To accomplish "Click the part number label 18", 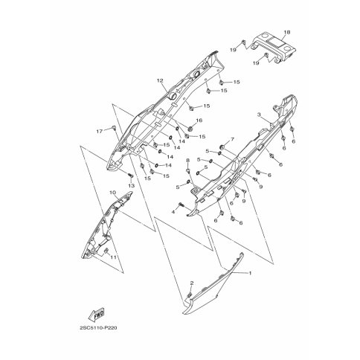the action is pyautogui.click(x=287, y=32).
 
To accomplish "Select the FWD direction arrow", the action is pyautogui.click(x=97, y=315).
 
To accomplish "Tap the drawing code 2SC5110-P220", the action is pyautogui.click(x=98, y=328).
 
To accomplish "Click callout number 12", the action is pyautogui.click(x=160, y=80).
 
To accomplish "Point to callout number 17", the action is pyautogui.click(x=100, y=132).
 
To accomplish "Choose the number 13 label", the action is pyautogui.click(x=131, y=185).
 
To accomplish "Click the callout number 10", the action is pyautogui.click(x=112, y=193).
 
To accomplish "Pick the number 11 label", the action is pyautogui.click(x=113, y=257).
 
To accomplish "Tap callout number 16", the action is pyautogui.click(x=199, y=120).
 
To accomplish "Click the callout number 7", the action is pyautogui.click(x=232, y=139).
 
